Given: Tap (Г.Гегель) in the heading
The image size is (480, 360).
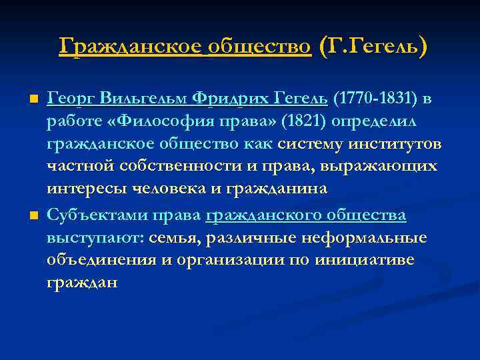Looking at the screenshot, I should point(373,47).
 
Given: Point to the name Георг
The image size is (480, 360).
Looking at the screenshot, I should point(73,99).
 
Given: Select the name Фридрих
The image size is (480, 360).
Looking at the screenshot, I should point(229,99).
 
